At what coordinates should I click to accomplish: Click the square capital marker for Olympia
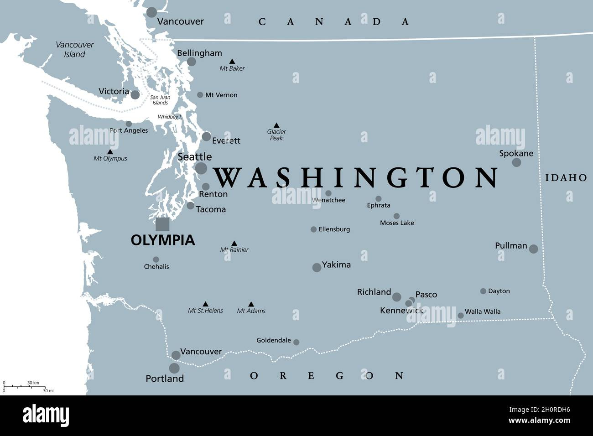coord(162,224)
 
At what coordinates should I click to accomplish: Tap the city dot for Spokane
coord(516,162)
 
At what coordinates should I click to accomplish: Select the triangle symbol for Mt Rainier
coord(234,244)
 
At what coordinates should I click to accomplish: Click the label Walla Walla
coord(482,311)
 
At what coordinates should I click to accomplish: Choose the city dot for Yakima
coord(317,267)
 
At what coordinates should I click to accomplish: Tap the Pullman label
coord(511,245)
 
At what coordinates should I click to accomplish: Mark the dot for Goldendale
coord(296,342)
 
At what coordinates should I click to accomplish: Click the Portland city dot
coord(174,368)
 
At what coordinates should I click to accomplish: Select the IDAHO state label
coord(566,178)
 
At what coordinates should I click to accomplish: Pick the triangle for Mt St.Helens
coord(205,304)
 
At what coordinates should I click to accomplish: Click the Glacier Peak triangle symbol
coord(276,125)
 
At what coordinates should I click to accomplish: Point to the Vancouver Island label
coord(75,49)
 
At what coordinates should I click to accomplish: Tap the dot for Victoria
coord(135,95)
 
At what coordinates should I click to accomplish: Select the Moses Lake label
coord(397,223)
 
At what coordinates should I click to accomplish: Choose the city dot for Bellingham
coord(192,62)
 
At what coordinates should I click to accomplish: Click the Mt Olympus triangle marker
coord(110,152)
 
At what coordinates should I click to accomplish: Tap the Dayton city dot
coord(483,291)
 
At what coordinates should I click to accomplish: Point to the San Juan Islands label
coord(160,100)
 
